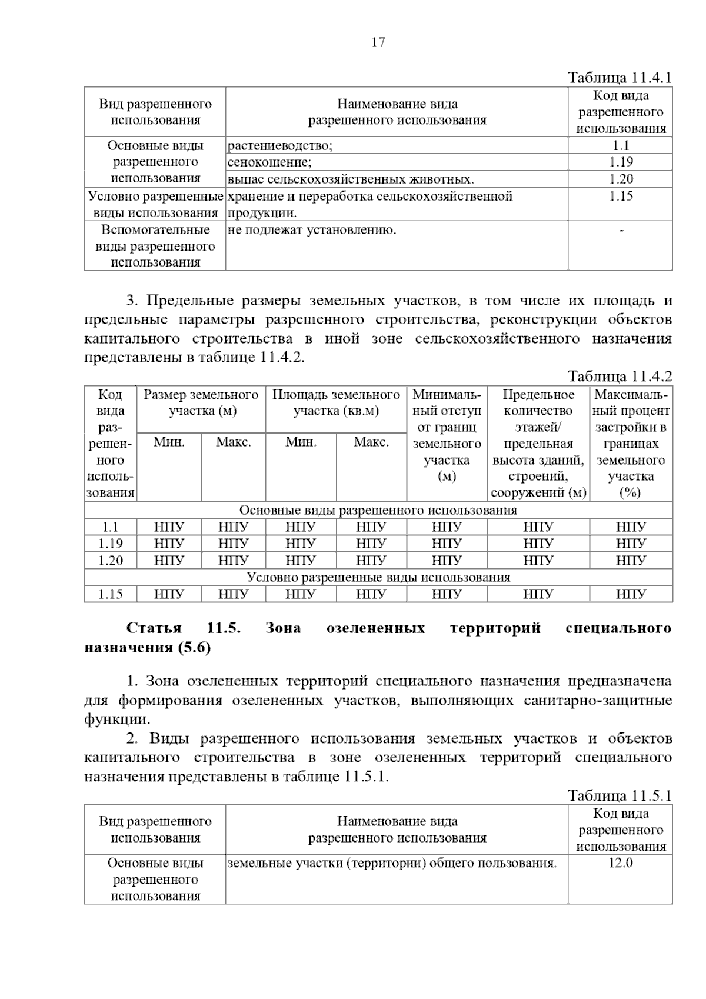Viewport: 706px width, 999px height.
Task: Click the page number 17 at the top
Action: (x=378, y=42)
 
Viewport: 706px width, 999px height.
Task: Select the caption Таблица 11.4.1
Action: (x=619, y=78)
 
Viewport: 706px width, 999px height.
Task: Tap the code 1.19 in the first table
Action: (x=621, y=162)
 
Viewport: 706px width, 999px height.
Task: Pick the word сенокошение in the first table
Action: (x=270, y=162)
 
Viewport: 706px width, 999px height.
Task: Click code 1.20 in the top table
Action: (x=621, y=179)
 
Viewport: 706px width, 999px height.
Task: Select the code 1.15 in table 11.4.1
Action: (x=621, y=196)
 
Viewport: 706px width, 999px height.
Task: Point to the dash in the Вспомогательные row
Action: (x=621, y=230)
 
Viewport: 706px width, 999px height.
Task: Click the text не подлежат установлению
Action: (x=312, y=230)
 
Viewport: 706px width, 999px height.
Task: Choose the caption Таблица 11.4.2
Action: (x=619, y=377)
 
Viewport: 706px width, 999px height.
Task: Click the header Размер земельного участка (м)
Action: (x=201, y=403)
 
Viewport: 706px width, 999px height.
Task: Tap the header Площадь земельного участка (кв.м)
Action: (x=336, y=403)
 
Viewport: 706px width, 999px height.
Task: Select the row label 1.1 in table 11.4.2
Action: (x=111, y=527)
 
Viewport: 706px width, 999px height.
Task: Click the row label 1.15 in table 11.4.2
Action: (x=111, y=594)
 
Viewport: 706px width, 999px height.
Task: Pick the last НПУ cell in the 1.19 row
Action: (x=631, y=544)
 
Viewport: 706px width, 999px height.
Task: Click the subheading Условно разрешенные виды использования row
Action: (x=378, y=577)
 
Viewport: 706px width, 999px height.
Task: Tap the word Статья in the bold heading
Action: (x=154, y=628)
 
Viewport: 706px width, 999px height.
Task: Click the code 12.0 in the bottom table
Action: (x=621, y=864)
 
